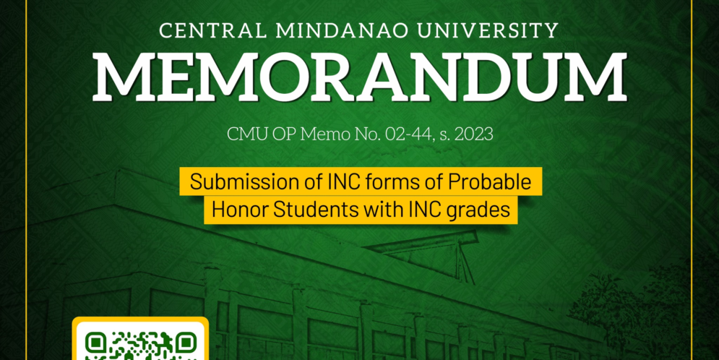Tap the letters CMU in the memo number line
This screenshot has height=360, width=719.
pyautogui.click(x=244, y=134)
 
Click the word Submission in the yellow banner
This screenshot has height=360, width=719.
pyautogui.click(x=236, y=182)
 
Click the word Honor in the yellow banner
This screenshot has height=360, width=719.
pyautogui.click(x=233, y=210)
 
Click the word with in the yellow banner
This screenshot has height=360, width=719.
pyautogui.click(x=377, y=210)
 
